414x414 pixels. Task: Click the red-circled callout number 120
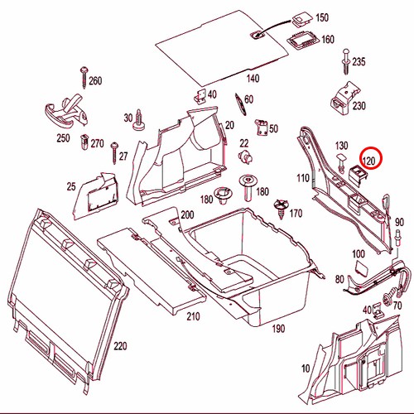[370, 161]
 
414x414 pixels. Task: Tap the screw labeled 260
[84, 77]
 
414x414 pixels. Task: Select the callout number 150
[322, 17]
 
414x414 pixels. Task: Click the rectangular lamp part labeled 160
[303, 41]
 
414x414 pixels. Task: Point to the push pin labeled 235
[346, 61]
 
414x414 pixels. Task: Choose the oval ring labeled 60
[240, 104]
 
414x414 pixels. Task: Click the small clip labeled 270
[84, 142]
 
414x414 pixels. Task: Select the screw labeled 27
[114, 153]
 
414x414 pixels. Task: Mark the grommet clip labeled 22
[245, 156]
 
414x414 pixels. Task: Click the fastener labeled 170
[281, 209]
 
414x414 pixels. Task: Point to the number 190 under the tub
[278, 329]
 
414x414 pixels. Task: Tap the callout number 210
[193, 316]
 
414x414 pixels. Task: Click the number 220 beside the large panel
[120, 346]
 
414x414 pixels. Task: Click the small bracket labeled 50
[261, 128]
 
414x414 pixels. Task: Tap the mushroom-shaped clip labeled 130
[342, 162]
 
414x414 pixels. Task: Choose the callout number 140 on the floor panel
[253, 79]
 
